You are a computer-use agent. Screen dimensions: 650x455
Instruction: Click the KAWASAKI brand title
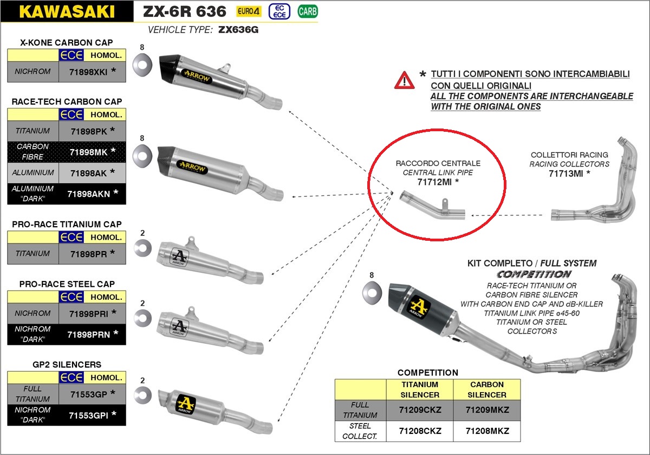point(67,11)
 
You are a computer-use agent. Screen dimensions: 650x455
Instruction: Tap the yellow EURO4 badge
point(249,11)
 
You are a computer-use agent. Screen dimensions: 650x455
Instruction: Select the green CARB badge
point(308,11)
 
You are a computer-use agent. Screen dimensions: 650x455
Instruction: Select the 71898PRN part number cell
point(92,334)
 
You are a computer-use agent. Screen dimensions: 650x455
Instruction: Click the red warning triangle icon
point(404,80)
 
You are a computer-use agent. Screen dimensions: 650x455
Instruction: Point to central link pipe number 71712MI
point(434,182)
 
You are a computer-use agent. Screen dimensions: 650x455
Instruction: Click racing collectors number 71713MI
point(566,174)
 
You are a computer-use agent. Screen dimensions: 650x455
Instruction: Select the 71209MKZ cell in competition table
point(487,410)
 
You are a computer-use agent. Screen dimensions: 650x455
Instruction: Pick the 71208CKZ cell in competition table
point(420,431)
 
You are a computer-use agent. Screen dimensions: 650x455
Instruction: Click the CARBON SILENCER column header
point(487,389)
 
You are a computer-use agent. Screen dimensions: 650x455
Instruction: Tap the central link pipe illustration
point(432,206)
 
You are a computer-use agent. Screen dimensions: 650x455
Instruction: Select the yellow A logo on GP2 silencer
point(185,404)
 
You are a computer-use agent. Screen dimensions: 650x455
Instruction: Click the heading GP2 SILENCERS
point(67,364)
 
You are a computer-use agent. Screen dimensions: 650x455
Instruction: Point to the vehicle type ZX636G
point(238,30)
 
